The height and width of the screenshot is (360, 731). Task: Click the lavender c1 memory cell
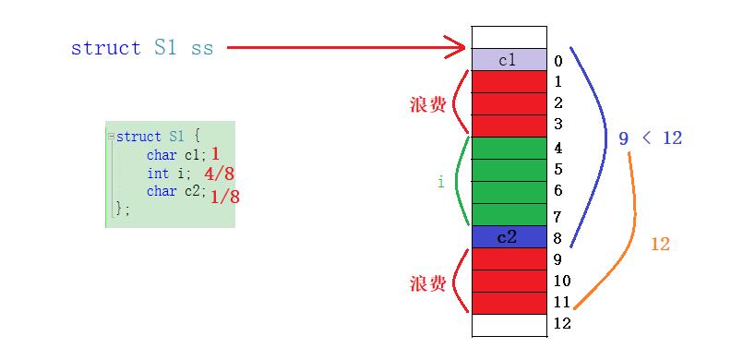[509, 60]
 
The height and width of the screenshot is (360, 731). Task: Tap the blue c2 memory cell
[509, 237]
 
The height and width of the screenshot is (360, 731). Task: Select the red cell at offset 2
[509, 104]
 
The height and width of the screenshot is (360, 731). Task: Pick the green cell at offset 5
[509, 170]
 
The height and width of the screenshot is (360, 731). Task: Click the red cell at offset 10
[509, 282]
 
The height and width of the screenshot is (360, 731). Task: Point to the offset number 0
[558, 61]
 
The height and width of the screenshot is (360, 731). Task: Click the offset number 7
[558, 217]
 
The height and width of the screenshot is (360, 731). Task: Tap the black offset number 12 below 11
[562, 323]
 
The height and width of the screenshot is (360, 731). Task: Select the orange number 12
[660, 244]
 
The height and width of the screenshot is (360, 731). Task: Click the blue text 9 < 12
[651, 138]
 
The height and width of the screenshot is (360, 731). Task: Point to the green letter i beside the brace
[440, 182]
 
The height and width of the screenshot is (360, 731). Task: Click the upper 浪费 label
[428, 106]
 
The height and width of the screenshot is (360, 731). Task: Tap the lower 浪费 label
[428, 283]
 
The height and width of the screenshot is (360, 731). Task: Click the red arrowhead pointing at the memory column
[456, 47]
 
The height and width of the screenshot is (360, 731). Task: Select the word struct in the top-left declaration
[106, 48]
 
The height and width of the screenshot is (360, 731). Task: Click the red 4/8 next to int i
[219, 174]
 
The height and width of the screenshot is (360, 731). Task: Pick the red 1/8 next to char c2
[224, 198]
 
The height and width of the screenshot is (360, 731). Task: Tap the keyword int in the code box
[158, 174]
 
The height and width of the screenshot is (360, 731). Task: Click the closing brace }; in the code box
[122, 210]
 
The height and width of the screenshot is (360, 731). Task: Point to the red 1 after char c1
[215, 153]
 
